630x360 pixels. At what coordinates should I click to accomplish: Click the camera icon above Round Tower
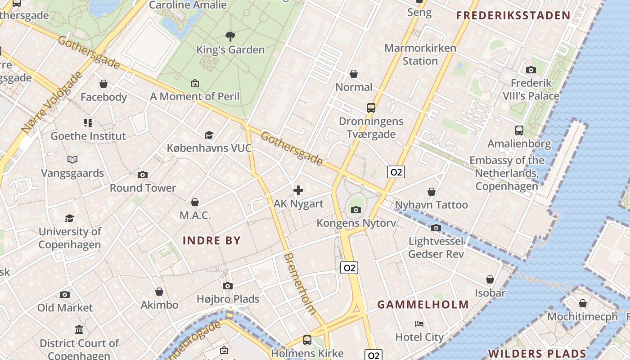pos(143,175)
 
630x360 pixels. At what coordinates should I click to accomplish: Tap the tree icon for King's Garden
pos(230,36)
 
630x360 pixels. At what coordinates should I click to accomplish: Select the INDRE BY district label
pos(211,240)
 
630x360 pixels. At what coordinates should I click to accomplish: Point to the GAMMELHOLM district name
pos(423,305)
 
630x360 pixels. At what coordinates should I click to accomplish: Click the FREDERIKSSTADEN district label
pos(513,16)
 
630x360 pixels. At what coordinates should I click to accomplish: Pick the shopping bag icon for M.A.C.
pos(195,202)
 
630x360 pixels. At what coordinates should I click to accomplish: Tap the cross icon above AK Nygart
pos(298,190)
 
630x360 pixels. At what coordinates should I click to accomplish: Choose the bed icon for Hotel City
pos(419,324)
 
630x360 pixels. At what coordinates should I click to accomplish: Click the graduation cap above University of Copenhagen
pos(69,218)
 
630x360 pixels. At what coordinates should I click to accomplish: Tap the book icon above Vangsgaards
pos(72,159)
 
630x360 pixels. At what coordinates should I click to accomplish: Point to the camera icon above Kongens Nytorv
pos(356,210)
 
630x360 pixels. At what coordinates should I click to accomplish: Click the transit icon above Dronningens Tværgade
pos(371,108)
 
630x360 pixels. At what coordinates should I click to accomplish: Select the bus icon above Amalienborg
pos(519,130)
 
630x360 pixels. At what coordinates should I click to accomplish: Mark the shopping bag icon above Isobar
pos(490,279)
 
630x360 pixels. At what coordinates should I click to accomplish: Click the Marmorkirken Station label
pos(420,54)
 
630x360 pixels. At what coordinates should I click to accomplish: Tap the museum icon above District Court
pos(79,330)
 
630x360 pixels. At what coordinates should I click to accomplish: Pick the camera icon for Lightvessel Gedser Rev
pos(436,228)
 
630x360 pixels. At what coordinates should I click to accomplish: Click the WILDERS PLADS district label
pos(537,354)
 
